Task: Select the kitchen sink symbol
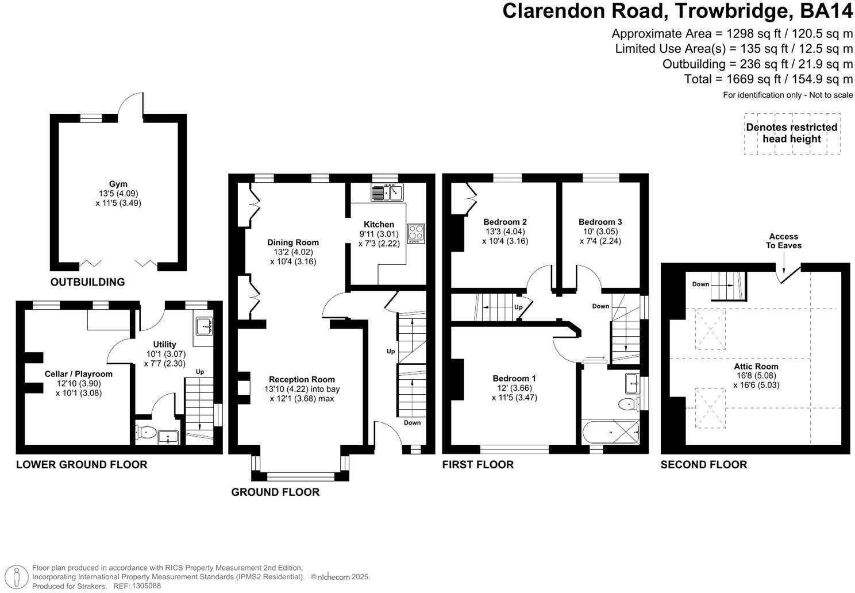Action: [x=388, y=192]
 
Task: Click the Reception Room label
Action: [x=302, y=379]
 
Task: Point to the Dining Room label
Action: [x=292, y=242]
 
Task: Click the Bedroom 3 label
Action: [x=600, y=222]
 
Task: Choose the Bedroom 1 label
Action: [x=514, y=378]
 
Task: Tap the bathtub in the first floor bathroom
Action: [x=610, y=430]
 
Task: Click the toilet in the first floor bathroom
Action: [x=629, y=405]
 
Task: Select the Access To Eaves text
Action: [x=783, y=241]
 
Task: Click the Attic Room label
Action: [x=756, y=367]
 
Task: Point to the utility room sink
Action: [x=204, y=326]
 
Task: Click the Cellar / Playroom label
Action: [x=79, y=373]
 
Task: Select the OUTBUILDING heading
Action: [x=87, y=282]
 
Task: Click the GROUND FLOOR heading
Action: [x=275, y=492]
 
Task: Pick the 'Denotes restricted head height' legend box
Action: [x=791, y=133]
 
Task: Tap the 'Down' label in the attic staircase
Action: [x=700, y=284]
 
